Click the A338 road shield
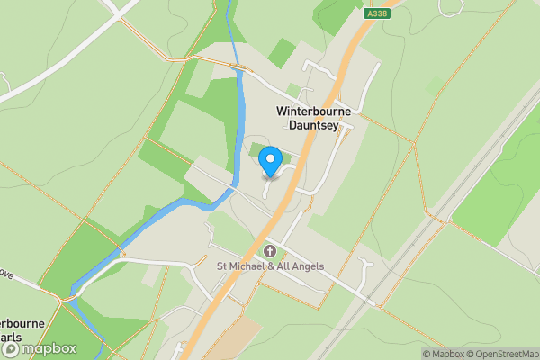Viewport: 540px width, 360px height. (378, 13)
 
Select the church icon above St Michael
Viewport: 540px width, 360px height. (269, 250)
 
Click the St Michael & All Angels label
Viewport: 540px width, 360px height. (269, 265)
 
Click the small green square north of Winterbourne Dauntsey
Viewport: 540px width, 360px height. (282, 52)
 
